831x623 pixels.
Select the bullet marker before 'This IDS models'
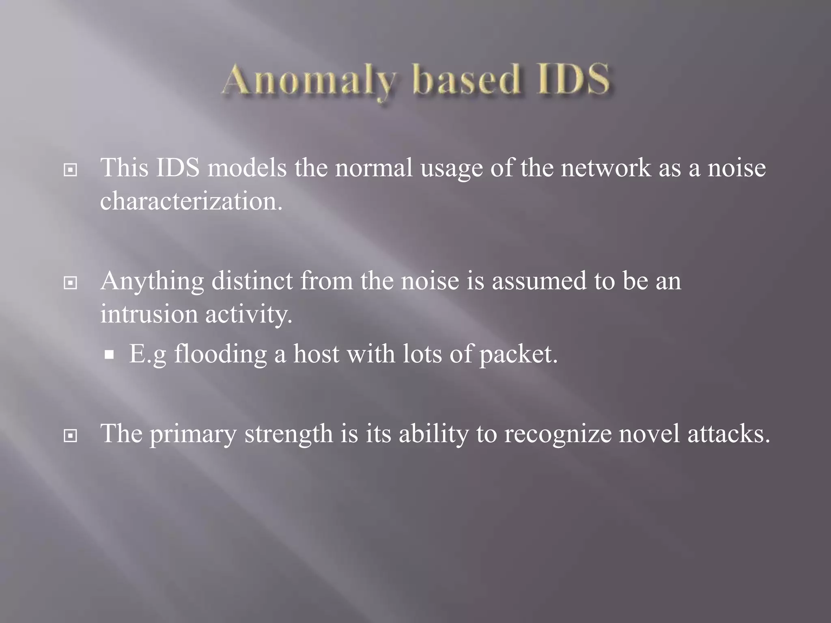pyautogui.click(x=71, y=170)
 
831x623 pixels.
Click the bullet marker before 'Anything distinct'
pyautogui.click(x=71, y=283)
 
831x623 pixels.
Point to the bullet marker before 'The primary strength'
pyautogui.click(x=71, y=436)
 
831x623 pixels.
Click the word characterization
pyautogui.click(x=191, y=201)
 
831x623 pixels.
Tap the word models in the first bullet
pyautogui.click(x=247, y=168)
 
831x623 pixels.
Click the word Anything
pyautogui.click(x=152, y=281)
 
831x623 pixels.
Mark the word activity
pyautogui.click(x=248, y=314)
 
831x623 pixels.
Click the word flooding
pyautogui.click(x=220, y=354)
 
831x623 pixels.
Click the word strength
pyautogui.click(x=288, y=434)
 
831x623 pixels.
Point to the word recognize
pyautogui.click(x=558, y=434)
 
